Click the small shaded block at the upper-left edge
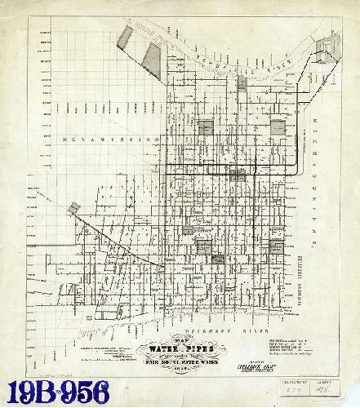click(x=125, y=37)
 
